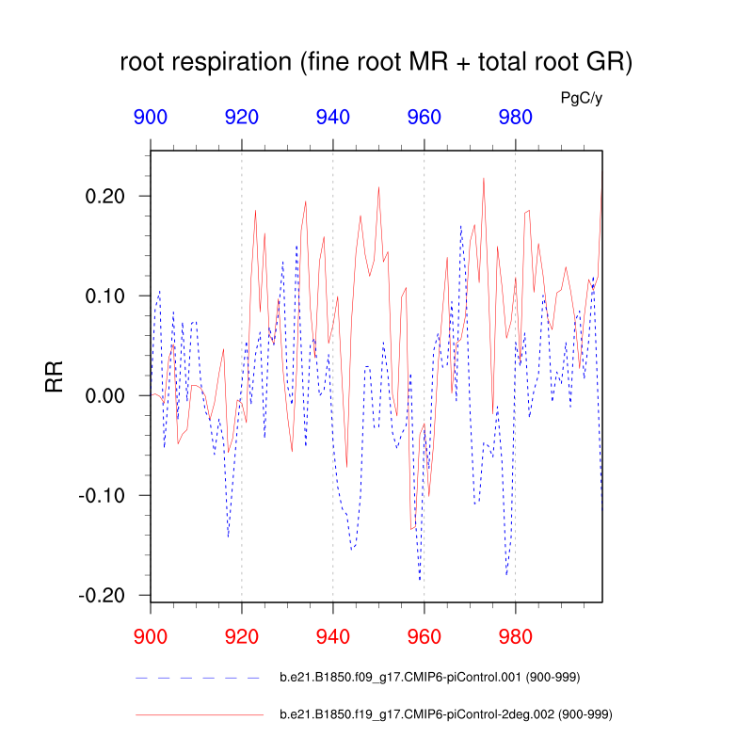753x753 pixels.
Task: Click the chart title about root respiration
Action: click(x=376, y=64)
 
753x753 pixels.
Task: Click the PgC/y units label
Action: click(x=581, y=97)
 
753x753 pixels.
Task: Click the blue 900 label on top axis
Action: click(x=151, y=118)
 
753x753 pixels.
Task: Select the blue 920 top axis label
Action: click(x=242, y=118)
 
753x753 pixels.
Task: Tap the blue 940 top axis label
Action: click(x=333, y=118)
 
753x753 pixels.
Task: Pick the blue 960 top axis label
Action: click(x=425, y=118)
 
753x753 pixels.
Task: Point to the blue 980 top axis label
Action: click(x=516, y=118)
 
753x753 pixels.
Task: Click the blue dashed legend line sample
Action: click(x=199, y=678)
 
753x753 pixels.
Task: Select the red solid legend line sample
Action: click(x=199, y=715)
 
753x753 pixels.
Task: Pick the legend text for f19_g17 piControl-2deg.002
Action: click(x=446, y=715)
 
